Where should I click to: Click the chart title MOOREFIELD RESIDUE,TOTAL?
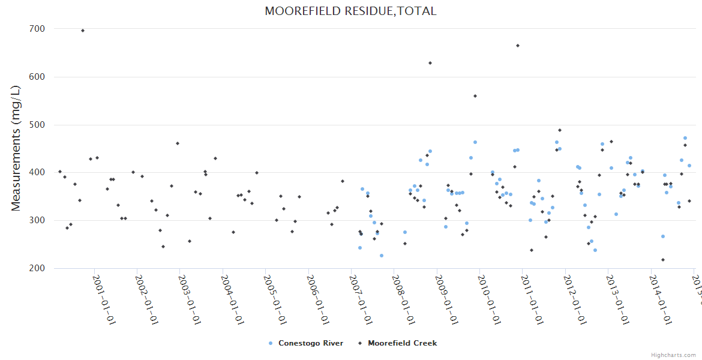[350, 11]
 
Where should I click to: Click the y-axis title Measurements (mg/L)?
[16, 148]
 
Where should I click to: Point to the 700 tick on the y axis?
[37, 29]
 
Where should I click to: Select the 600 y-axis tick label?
[37, 77]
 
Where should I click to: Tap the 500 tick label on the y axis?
[37, 125]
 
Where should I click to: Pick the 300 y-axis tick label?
[37, 220]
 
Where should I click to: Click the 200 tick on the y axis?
[37, 268]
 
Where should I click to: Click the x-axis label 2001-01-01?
[104, 300]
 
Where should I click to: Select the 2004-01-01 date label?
[232, 300]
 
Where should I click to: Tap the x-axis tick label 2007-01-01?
[361, 300]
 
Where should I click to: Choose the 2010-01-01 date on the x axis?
[490, 300]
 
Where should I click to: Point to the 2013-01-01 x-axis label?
[618, 300]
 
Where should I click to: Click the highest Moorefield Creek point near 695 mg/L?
[83, 31]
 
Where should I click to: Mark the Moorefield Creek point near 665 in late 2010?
[518, 46]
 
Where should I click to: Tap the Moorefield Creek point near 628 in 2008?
[430, 63]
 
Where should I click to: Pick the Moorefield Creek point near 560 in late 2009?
[475, 96]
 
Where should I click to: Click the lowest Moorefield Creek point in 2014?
[663, 260]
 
